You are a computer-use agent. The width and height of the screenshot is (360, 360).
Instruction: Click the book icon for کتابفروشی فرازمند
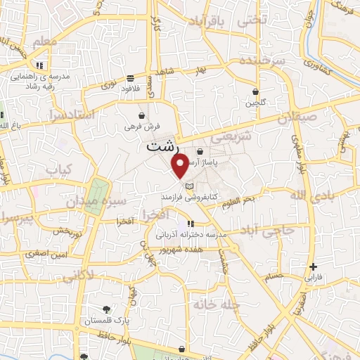(x=188, y=186)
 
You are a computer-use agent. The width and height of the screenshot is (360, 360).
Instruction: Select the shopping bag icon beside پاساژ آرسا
(x=200, y=151)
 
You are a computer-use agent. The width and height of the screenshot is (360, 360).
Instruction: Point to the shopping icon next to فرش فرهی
(x=142, y=115)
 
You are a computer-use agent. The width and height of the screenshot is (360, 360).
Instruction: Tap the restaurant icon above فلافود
(x=131, y=78)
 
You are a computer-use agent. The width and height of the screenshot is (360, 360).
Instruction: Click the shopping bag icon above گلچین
(x=255, y=92)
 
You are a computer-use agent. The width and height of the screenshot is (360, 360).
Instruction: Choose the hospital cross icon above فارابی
(x=314, y=266)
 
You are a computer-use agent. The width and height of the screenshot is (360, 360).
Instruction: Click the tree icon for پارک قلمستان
(x=106, y=309)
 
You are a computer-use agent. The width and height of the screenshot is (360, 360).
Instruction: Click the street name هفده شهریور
(x=179, y=250)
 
